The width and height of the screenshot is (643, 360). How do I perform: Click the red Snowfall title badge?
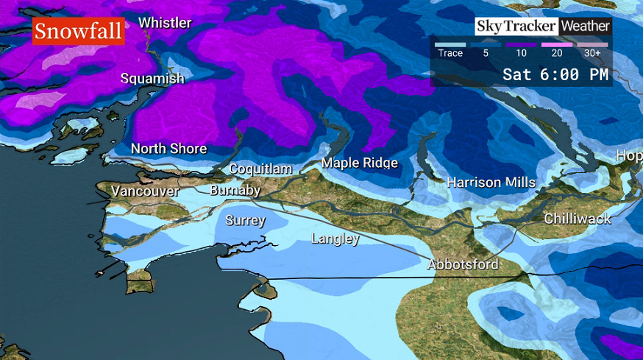tap(78, 32)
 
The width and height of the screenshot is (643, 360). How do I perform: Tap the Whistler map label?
tap(165, 23)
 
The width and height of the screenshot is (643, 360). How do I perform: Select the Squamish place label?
tap(152, 78)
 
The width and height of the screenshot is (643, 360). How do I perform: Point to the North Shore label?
tap(168, 149)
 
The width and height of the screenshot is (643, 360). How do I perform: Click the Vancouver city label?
tap(145, 191)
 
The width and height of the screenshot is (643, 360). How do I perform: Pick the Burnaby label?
tap(235, 191)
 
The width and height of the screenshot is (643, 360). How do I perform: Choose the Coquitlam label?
tap(260, 169)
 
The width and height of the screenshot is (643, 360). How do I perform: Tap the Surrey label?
tap(245, 220)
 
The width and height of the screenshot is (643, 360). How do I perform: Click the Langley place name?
tap(335, 239)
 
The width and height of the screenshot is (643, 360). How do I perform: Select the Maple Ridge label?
tap(360, 163)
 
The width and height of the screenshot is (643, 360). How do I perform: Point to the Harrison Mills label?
tap(491, 182)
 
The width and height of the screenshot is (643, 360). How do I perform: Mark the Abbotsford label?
tap(463, 264)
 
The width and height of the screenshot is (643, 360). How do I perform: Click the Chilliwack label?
tap(578, 219)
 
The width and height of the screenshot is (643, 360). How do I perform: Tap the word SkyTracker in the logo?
tap(516, 27)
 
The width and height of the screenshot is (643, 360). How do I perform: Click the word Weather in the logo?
tap(586, 27)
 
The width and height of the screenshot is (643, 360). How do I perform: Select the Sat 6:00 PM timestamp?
tap(555, 74)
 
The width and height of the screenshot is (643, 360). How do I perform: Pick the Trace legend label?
tap(450, 53)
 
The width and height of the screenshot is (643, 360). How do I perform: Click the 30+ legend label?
tap(592, 53)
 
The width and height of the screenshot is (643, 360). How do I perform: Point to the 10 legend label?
tap(521, 53)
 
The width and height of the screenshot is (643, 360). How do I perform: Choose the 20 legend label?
tap(557, 53)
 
